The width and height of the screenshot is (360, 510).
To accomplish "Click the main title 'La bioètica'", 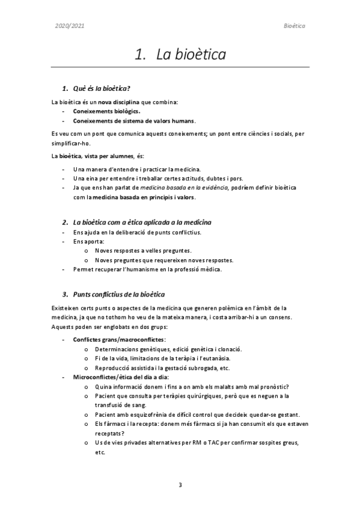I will pyautogui.click(x=191, y=55).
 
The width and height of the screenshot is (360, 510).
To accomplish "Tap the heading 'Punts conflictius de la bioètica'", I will pyautogui.click(x=119, y=294).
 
